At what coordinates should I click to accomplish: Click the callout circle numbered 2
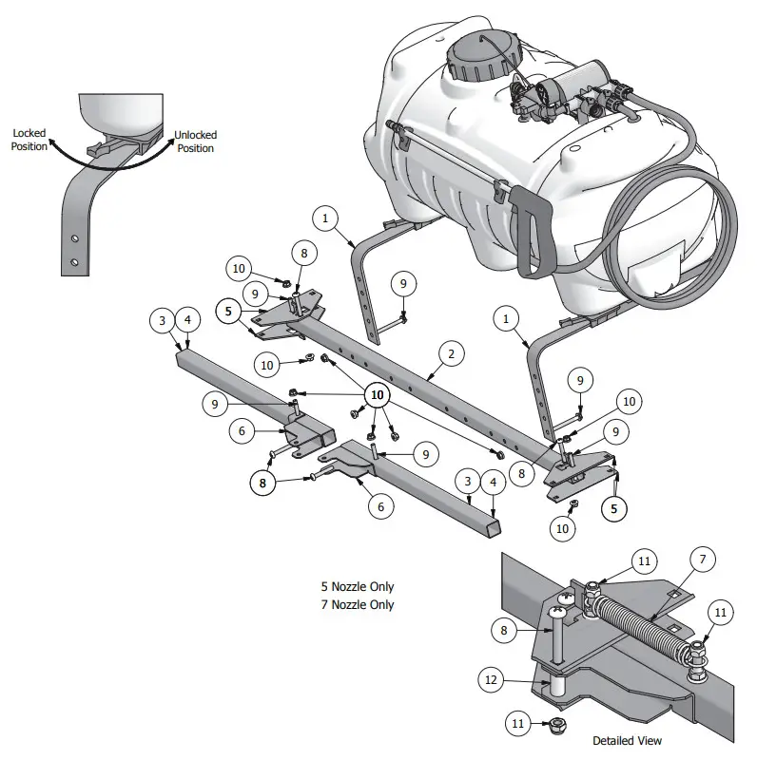(451, 354)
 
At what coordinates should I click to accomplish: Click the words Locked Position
(29, 141)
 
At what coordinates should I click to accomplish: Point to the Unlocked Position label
(195, 142)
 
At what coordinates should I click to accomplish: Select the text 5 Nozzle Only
(358, 587)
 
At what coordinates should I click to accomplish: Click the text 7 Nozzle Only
(358, 604)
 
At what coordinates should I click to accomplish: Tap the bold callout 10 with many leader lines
(378, 393)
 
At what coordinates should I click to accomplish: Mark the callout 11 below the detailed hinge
(518, 724)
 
